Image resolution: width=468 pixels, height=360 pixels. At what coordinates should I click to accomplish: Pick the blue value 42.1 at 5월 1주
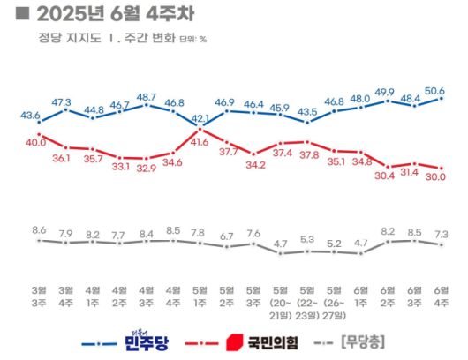coord(200,118)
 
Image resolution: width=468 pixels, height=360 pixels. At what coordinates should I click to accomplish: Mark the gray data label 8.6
coord(39,229)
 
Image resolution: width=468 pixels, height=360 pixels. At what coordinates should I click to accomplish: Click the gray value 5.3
coord(306,238)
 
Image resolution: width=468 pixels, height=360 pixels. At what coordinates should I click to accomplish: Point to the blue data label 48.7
coord(146,96)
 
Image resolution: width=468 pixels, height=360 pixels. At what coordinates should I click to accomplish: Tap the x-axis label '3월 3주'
coord(39,294)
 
